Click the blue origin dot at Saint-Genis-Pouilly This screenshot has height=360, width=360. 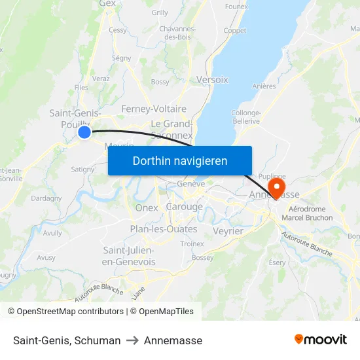click(84, 132)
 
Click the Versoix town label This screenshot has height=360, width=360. click(212, 79)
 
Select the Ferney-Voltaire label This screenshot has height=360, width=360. click(154, 109)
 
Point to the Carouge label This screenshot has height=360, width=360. click(184, 207)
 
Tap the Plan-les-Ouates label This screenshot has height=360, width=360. click(163, 229)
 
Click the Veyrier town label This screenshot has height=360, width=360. click(228, 231)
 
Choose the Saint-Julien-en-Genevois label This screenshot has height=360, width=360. click(128, 256)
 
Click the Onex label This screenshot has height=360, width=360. click(147, 207)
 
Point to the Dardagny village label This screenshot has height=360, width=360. click(46, 198)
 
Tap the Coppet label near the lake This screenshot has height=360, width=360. click(235, 31)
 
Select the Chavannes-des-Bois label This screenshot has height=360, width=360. click(177, 33)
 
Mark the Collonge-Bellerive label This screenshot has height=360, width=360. click(246, 117)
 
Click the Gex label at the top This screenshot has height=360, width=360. click(107, 3)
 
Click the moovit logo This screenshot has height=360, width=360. click(321, 340)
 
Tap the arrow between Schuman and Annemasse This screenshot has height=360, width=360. click(132, 340)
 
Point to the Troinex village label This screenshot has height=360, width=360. click(192, 243)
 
